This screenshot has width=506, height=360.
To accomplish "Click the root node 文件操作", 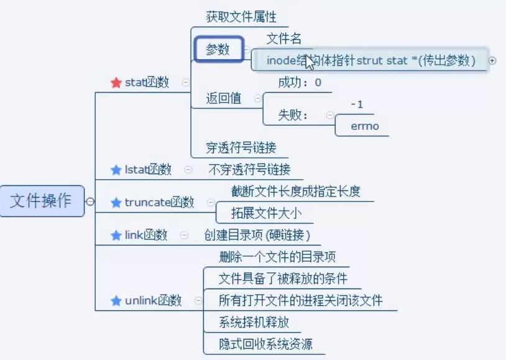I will (x=42, y=201).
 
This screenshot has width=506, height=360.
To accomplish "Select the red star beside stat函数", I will (x=116, y=83).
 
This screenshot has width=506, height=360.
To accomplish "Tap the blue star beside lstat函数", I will (x=116, y=170).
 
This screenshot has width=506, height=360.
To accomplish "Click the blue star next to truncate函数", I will (x=116, y=203).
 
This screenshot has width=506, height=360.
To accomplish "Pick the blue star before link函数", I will (x=116, y=235).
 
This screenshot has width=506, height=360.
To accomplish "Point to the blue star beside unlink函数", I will (x=116, y=301).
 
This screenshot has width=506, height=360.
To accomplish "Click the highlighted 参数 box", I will (x=218, y=50).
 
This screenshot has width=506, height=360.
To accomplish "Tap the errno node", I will (x=365, y=127).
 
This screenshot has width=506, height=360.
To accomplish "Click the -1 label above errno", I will (x=357, y=104).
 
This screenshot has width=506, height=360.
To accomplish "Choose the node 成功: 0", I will (x=300, y=82).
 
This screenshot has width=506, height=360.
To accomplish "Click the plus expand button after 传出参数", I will (x=492, y=60).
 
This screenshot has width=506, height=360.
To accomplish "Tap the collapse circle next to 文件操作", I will (x=91, y=201).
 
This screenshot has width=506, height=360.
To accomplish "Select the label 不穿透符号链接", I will (x=249, y=169).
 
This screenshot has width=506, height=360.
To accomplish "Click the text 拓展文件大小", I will (x=267, y=213).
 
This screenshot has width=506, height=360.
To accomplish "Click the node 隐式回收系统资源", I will (x=265, y=344).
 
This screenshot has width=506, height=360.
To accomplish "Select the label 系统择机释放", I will (x=254, y=322).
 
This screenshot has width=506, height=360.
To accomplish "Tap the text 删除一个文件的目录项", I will (x=278, y=257).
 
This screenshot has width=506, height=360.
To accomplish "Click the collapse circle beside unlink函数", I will (x=198, y=301).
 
